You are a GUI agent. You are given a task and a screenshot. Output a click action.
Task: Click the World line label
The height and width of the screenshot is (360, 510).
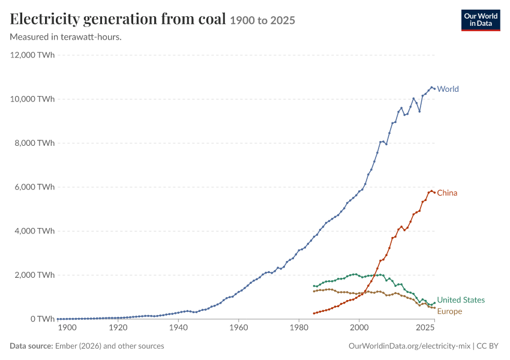click(x=448, y=89)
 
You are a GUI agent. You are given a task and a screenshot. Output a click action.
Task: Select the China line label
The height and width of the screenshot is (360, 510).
click(x=447, y=193)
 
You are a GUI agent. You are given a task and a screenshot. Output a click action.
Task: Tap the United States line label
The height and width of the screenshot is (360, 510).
click(x=461, y=300)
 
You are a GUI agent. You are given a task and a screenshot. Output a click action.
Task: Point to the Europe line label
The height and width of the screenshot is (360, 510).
click(x=449, y=311)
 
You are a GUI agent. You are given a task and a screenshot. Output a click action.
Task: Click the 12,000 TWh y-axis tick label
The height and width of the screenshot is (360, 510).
click(x=32, y=55)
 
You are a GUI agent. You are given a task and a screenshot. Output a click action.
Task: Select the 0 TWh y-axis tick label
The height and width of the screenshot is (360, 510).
click(x=43, y=319)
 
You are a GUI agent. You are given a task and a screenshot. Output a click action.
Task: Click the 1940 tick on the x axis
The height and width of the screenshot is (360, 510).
click(x=178, y=328)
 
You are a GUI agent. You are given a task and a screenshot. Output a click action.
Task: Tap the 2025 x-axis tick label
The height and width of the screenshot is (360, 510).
click(x=425, y=328)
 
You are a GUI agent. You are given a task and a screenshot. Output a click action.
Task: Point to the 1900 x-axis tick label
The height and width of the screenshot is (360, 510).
click(x=67, y=328)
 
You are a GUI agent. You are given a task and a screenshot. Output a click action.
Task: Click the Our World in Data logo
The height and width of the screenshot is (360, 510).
click(x=481, y=20)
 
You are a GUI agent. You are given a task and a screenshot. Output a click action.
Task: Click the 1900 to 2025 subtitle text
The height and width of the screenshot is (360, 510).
click(x=262, y=20)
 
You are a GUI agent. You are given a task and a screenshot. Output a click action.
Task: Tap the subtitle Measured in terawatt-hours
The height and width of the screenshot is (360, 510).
click(x=66, y=37)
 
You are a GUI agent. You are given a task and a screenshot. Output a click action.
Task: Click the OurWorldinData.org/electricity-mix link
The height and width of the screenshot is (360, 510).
click(x=409, y=346)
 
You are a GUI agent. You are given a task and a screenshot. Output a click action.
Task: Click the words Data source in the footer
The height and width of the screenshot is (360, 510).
click(x=31, y=346)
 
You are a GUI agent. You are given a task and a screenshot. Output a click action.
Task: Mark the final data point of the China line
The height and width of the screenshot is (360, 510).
click(x=434, y=193)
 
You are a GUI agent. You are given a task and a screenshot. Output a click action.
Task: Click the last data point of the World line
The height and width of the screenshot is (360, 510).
click(x=434, y=89)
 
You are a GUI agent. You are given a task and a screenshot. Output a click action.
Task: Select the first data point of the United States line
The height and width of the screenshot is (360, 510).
click(x=314, y=286)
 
